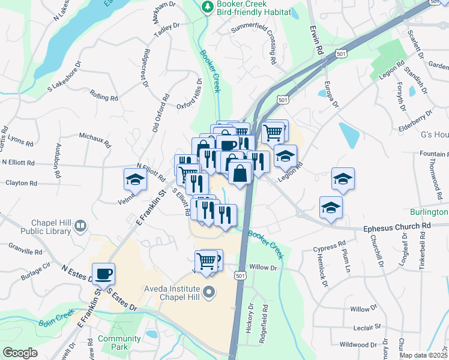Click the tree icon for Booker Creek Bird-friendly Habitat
(x=207, y=7)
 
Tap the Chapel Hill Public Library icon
(x=80, y=226)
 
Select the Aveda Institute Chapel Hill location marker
(x=209, y=293)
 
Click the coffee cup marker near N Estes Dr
(x=103, y=274)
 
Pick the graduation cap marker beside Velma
(x=135, y=179)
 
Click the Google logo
(x=20, y=353)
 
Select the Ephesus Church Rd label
(x=397, y=226)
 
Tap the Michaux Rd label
(x=95, y=140)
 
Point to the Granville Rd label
(x=25, y=249)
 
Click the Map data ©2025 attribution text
(x=423, y=355)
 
